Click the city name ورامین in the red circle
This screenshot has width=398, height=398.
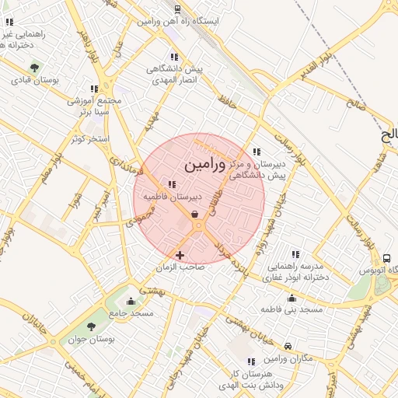[x=205, y=166]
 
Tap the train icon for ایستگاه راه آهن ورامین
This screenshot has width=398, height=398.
[x=178, y=9]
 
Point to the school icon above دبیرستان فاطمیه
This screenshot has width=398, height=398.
[x=172, y=184]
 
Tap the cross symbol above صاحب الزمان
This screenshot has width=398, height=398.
[x=180, y=254]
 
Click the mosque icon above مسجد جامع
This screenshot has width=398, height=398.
[x=131, y=301]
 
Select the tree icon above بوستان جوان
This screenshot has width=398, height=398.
[x=92, y=327]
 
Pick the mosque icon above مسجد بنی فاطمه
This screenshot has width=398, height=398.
[x=292, y=298]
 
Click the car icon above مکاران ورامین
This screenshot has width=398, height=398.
[x=288, y=345]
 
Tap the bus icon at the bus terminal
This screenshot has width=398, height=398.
[x=386, y=257]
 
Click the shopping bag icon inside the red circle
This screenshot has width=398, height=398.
[x=194, y=214]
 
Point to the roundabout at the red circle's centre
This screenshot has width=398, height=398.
[x=198, y=225]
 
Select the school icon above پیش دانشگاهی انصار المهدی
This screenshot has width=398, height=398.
[x=174, y=57]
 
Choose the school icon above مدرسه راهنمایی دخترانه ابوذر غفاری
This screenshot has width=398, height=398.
[x=295, y=254]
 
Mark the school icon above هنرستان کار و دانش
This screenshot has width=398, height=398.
[x=250, y=361]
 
